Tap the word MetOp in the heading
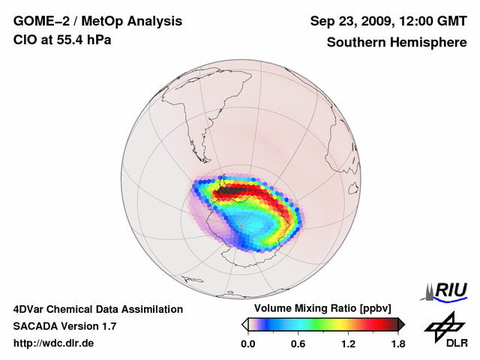100,20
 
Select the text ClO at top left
24,40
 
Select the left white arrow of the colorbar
244,324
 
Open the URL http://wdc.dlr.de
54,344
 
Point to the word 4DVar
29,309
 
